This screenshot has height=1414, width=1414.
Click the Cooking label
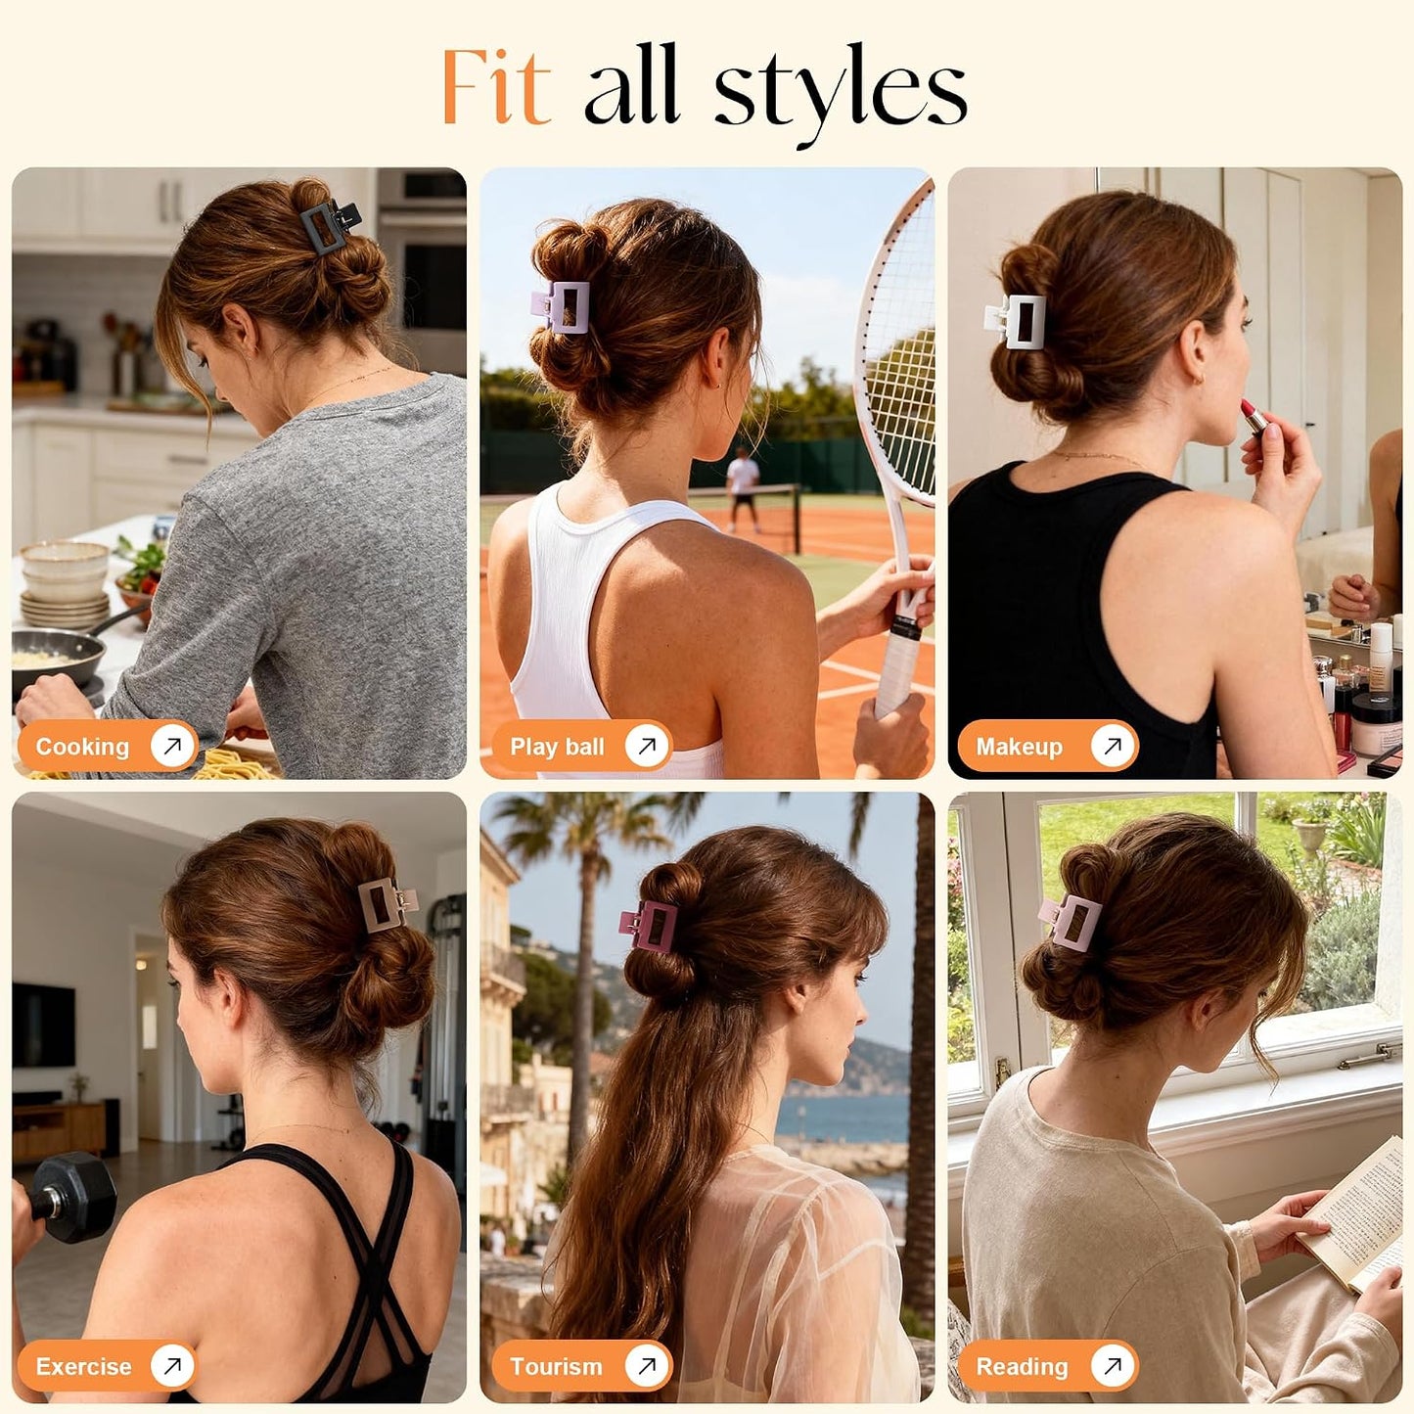pyautogui.click(x=82, y=747)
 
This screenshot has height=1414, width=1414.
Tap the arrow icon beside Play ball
pyautogui.click(x=647, y=747)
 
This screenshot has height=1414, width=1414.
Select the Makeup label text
pyautogui.click(x=1020, y=747)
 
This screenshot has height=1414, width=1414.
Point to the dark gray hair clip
pyautogui.click(x=330, y=226)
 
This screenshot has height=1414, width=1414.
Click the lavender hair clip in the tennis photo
pyautogui.click(x=561, y=306)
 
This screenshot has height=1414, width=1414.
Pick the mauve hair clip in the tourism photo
pyautogui.click(x=649, y=924)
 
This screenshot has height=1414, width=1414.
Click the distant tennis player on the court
pyautogui.click(x=742, y=488)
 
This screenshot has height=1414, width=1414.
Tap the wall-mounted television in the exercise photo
pyautogui.click(x=43, y=1026)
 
